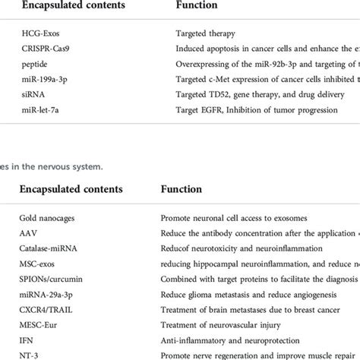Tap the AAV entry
29,232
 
